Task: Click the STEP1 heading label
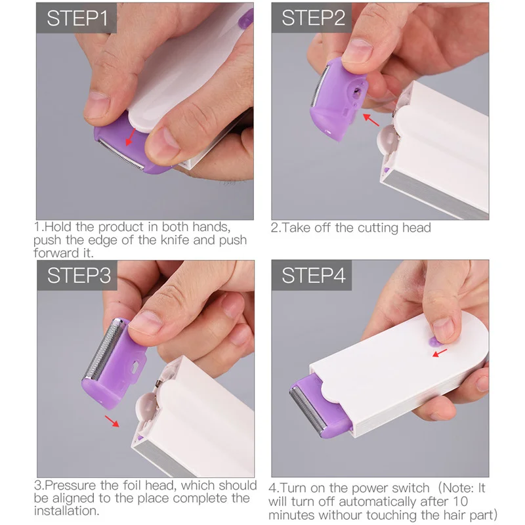[77, 18]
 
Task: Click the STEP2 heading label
[313, 18]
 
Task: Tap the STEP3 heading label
[78, 275]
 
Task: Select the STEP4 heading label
[313, 275]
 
